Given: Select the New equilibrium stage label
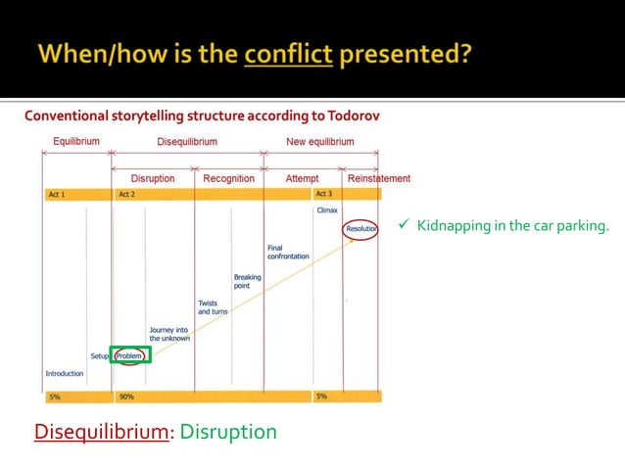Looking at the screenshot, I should coord(319,142).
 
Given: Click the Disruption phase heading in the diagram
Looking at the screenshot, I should coord(153,178).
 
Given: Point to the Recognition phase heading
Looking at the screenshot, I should coord(228,178).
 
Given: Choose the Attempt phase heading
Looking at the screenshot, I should coord(302,178).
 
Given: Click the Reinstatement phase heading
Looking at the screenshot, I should coord(379,178).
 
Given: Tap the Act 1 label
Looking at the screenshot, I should coord(57,195).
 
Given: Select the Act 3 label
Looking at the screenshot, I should coord(324,195).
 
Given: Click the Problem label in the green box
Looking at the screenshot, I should coord(129,355).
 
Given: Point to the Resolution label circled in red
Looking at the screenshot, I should coord(361,228).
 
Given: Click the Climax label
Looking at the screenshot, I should coord(327,211).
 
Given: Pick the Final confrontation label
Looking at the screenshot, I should coord(287,252).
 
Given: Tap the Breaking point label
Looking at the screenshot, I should coord(247,281).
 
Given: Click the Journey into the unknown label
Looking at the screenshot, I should coord(169,334).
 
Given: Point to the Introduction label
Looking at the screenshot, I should coord(65,373).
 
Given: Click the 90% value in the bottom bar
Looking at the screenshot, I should coord(126,397).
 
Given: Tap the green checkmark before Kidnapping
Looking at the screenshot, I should coord(403,227).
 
